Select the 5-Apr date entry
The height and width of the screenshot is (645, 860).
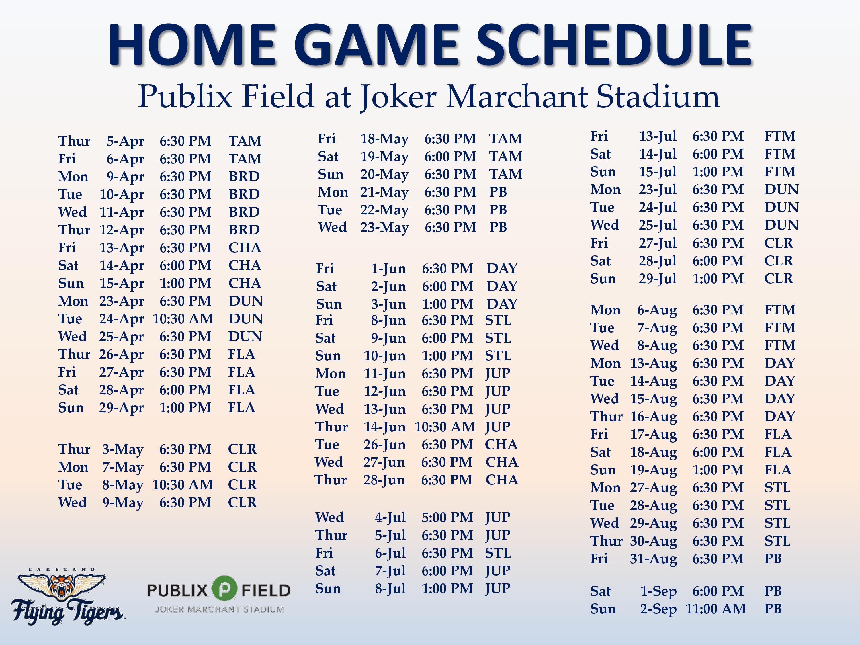pos(125,141)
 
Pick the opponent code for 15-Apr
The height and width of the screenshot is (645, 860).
pos(245,283)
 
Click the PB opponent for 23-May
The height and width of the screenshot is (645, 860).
pos(498,227)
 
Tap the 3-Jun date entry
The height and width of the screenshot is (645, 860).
pos(388,304)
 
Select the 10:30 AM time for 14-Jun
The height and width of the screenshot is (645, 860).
pos(445,427)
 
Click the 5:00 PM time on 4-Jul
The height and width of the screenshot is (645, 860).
pos(447,517)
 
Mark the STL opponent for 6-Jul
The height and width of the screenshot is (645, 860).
pos(498,553)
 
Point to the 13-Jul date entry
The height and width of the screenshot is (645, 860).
pos(657,136)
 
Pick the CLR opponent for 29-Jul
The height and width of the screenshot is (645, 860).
pos(778,279)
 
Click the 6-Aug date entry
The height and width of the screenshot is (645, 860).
pos(657,310)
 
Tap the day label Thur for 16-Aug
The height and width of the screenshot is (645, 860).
pos(606,417)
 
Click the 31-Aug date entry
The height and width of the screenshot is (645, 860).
pos(653,559)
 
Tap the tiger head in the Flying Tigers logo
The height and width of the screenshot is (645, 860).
pos(61,589)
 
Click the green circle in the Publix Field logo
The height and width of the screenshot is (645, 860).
pos(224,588)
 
